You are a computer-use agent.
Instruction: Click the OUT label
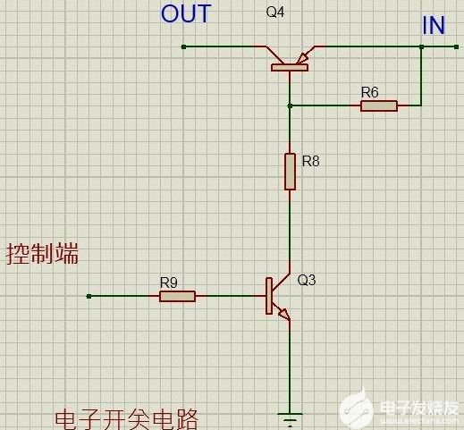pyautogui.click(x=186, y=14)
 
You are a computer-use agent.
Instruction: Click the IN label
pyautogui.click(x=434, y=25)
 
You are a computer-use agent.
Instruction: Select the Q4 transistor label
pyautogui.click(x=275, y=13)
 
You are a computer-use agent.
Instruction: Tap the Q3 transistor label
pyautogui.click(x=307, y=280)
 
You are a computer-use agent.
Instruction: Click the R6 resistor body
pyautogui.click(x=379, y=105)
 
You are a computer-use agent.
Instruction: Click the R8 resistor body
pyautogui.click(x=290, y=172)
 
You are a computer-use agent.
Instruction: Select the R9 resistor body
pyautogui.click(x=177, y=297)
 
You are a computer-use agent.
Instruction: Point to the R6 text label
pyautogui.click(x=369, y=92)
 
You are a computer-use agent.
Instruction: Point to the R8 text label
pyautogui.click(x=310, y=161)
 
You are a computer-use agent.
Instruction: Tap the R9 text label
pyautogui.click(x=169, y=282)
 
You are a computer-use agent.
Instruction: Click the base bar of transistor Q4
pyautogui.click(x=290, y=68)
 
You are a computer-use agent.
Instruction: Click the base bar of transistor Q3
pyautogui.click(x=269, y=296)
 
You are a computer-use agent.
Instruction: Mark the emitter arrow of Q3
pyautogui.click(x=284, y=315)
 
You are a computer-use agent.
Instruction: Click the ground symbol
pyautogui.click(x=290, y=418)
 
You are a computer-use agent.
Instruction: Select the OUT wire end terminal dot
pyautogui.click(x=183, y=46)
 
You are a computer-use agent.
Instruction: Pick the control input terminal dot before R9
pyautogui.click(x=89, y=296)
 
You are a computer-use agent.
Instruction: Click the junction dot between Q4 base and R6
pyautogui.click(x=290, y=105)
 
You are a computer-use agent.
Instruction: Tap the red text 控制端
pyautogui.click(x=42, y=254)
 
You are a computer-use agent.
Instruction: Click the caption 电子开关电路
pyautogui.click(x=126, y=419)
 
